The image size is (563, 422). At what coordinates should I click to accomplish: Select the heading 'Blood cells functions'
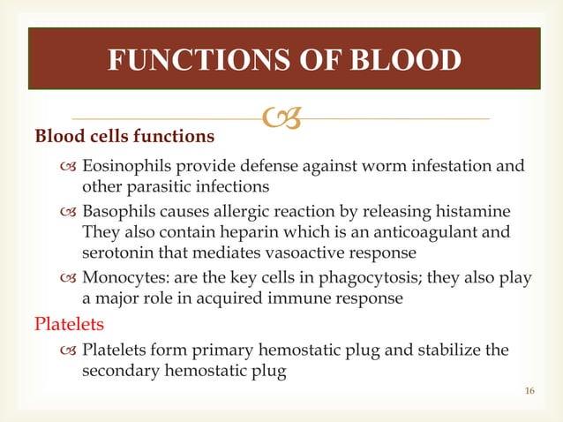coord(124,137)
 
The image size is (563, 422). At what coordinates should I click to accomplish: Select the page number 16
coord(529,389)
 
